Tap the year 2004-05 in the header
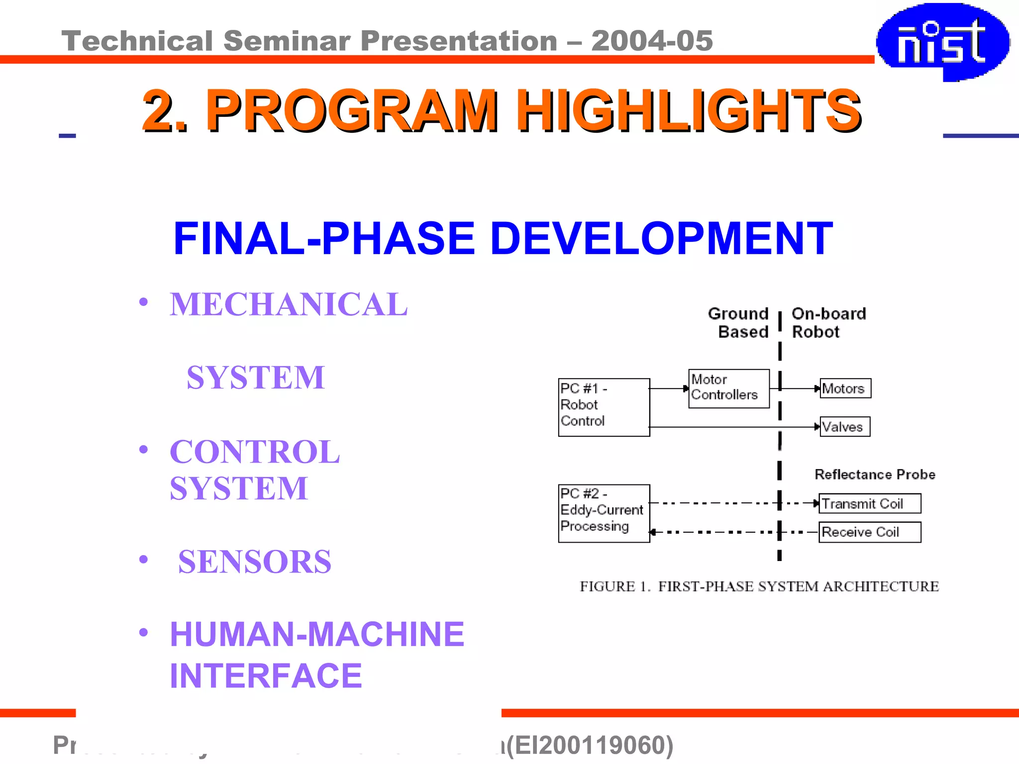[x=652, y=41]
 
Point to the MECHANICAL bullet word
[x=289, y=304]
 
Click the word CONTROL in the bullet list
[x=255, y=452]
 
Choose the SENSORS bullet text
[x=255, y=562]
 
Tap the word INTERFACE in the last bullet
[x=266, y=676]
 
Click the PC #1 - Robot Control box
[x=604, y=407]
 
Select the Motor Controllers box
[x=728, y=388]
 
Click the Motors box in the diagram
[x=845, y=388]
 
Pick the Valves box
[x=844, y=427]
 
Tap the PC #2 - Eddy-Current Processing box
[x=604, y=513]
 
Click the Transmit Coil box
[x=869, y=503]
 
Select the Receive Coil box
[x=869, y=532]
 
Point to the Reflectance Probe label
[x=874, y=475]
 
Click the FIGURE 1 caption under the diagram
[x=759, y=586]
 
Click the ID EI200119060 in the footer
[x=590, y=745]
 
